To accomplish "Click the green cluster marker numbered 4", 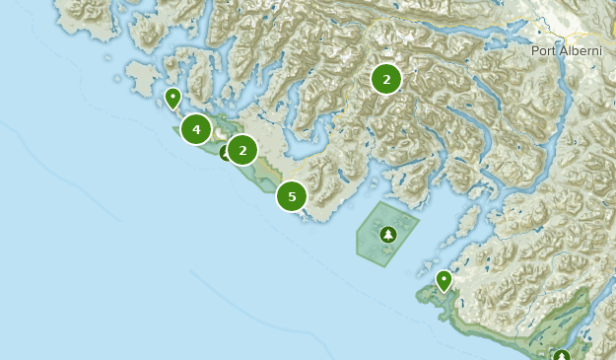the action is pos(196,129).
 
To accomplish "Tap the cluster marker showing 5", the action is pos(292,196).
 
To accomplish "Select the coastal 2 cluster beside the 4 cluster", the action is pos(242,150).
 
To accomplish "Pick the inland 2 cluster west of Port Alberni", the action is pos(386,79).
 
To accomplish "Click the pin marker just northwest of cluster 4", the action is pos(172,98).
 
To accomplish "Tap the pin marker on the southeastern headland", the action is pos(444,280).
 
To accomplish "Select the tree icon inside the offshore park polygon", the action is pos(388,235).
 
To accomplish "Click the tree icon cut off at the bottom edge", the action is pos(562,356).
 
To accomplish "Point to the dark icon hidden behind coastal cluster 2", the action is pos(226,153).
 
